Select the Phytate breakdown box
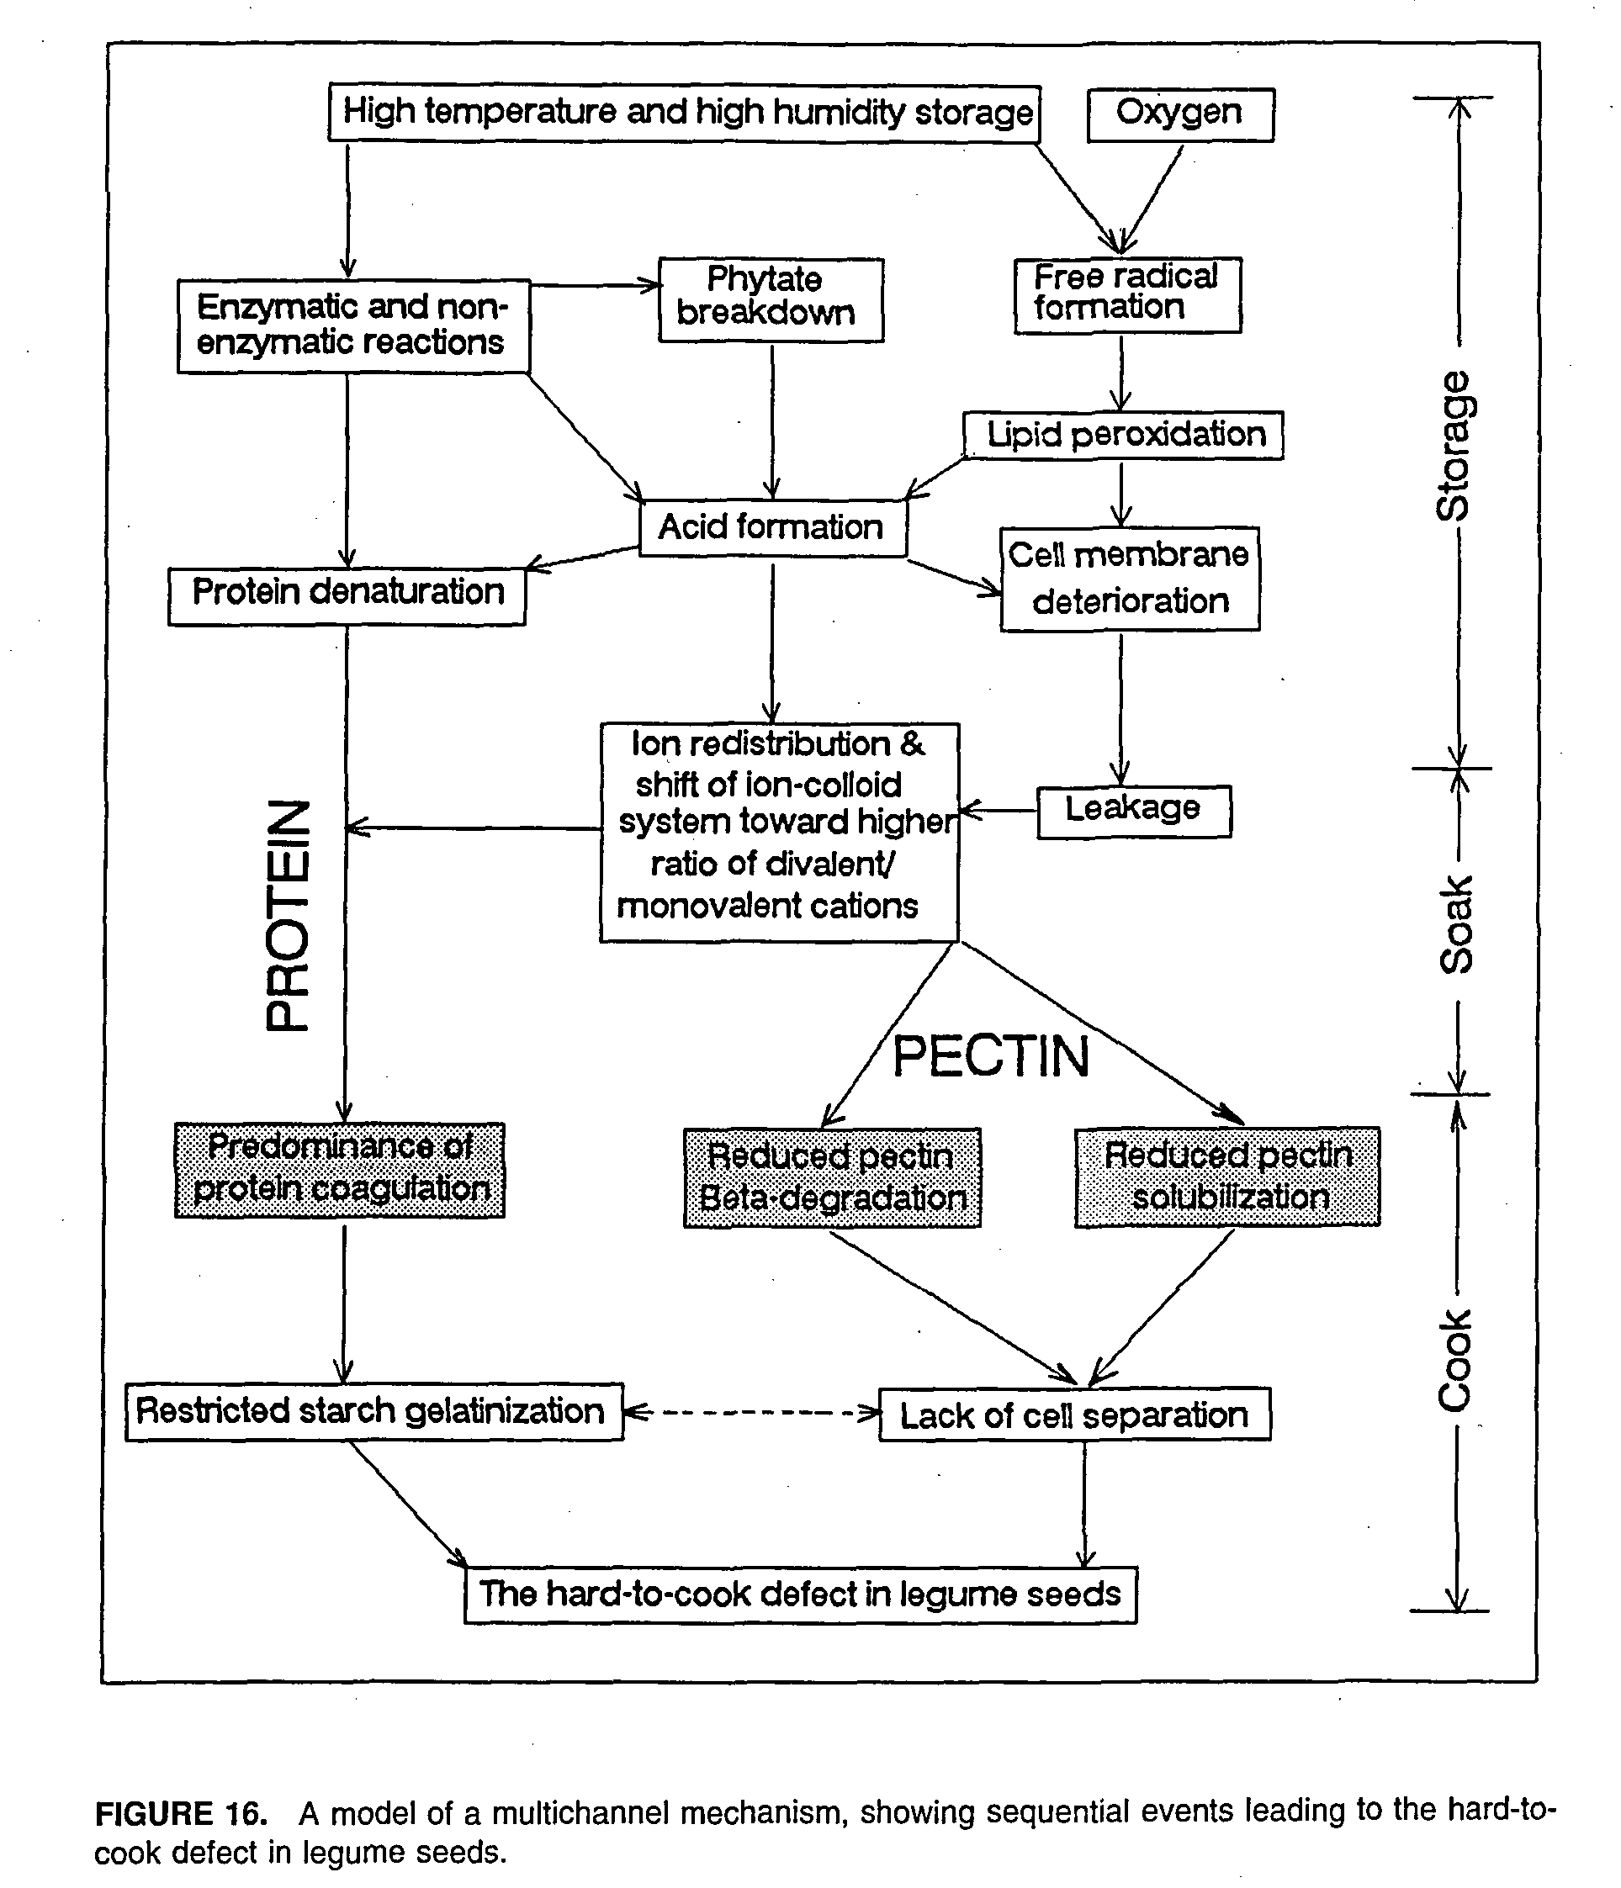tap(771, 299)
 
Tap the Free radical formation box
tap(1128, 295)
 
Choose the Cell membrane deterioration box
tap(1130, 579)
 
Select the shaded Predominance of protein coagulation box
tap(340, 1170)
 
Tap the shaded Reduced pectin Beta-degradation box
tap(832, 1177)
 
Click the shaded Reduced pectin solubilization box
tap(1227, 1177)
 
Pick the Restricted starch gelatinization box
tap(373, 1412)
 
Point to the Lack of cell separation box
tap(1074, 1415)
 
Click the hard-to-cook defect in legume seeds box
tap(800, 1594)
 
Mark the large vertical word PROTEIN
tap(288, 916)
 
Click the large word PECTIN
tap(990, 1057)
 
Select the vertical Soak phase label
tap(1456, 924)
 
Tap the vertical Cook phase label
tap(1455, 1362)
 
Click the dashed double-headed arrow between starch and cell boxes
tap(752, 1413)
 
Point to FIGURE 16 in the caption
tap(182, 1813)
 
